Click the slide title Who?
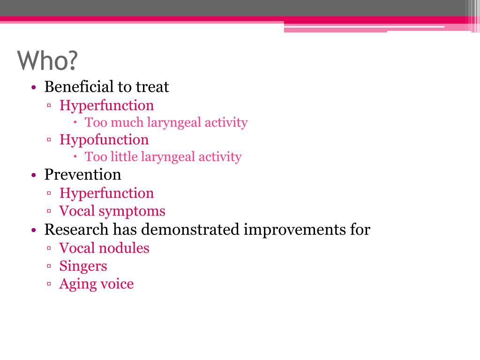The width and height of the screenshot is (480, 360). (x=47, y=60)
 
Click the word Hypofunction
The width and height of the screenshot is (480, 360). (x=104, y=140)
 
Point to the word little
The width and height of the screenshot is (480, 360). (x=128, y=157)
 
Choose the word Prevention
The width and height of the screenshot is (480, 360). (x=82, y=175)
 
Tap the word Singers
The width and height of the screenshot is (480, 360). (x=83, y=266)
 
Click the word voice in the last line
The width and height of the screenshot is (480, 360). (x=117, y=284)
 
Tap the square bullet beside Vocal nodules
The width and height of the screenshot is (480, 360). (x=49, y=248)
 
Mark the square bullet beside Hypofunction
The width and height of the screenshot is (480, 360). (x=49, y=140)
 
